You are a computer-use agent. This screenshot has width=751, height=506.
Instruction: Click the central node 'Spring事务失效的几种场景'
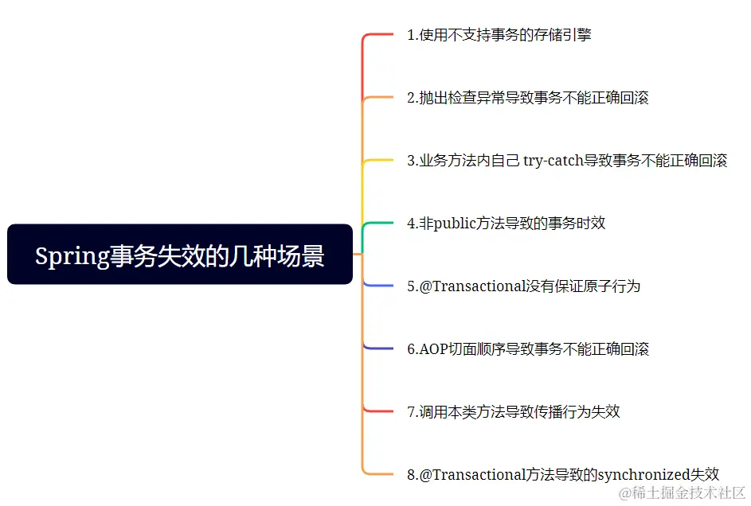179,255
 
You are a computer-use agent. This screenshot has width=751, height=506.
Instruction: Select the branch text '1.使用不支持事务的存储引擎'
499,35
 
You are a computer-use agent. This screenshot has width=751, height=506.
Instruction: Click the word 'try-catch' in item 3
553,161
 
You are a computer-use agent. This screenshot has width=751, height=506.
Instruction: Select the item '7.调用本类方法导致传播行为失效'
514,412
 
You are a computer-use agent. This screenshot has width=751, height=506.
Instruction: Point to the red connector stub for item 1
379,35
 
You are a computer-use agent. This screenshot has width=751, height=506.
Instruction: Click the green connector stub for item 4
379,224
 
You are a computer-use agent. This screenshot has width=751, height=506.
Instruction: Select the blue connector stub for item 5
379,285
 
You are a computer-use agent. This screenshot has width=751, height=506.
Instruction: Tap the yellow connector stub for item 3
379,161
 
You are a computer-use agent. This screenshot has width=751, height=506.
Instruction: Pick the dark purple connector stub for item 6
379,348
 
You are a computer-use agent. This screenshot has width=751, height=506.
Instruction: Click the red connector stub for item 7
379,411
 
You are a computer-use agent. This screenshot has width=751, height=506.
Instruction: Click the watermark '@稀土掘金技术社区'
683,493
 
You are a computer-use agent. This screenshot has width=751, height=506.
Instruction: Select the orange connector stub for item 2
379,98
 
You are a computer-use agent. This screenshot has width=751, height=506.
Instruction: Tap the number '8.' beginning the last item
413,475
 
